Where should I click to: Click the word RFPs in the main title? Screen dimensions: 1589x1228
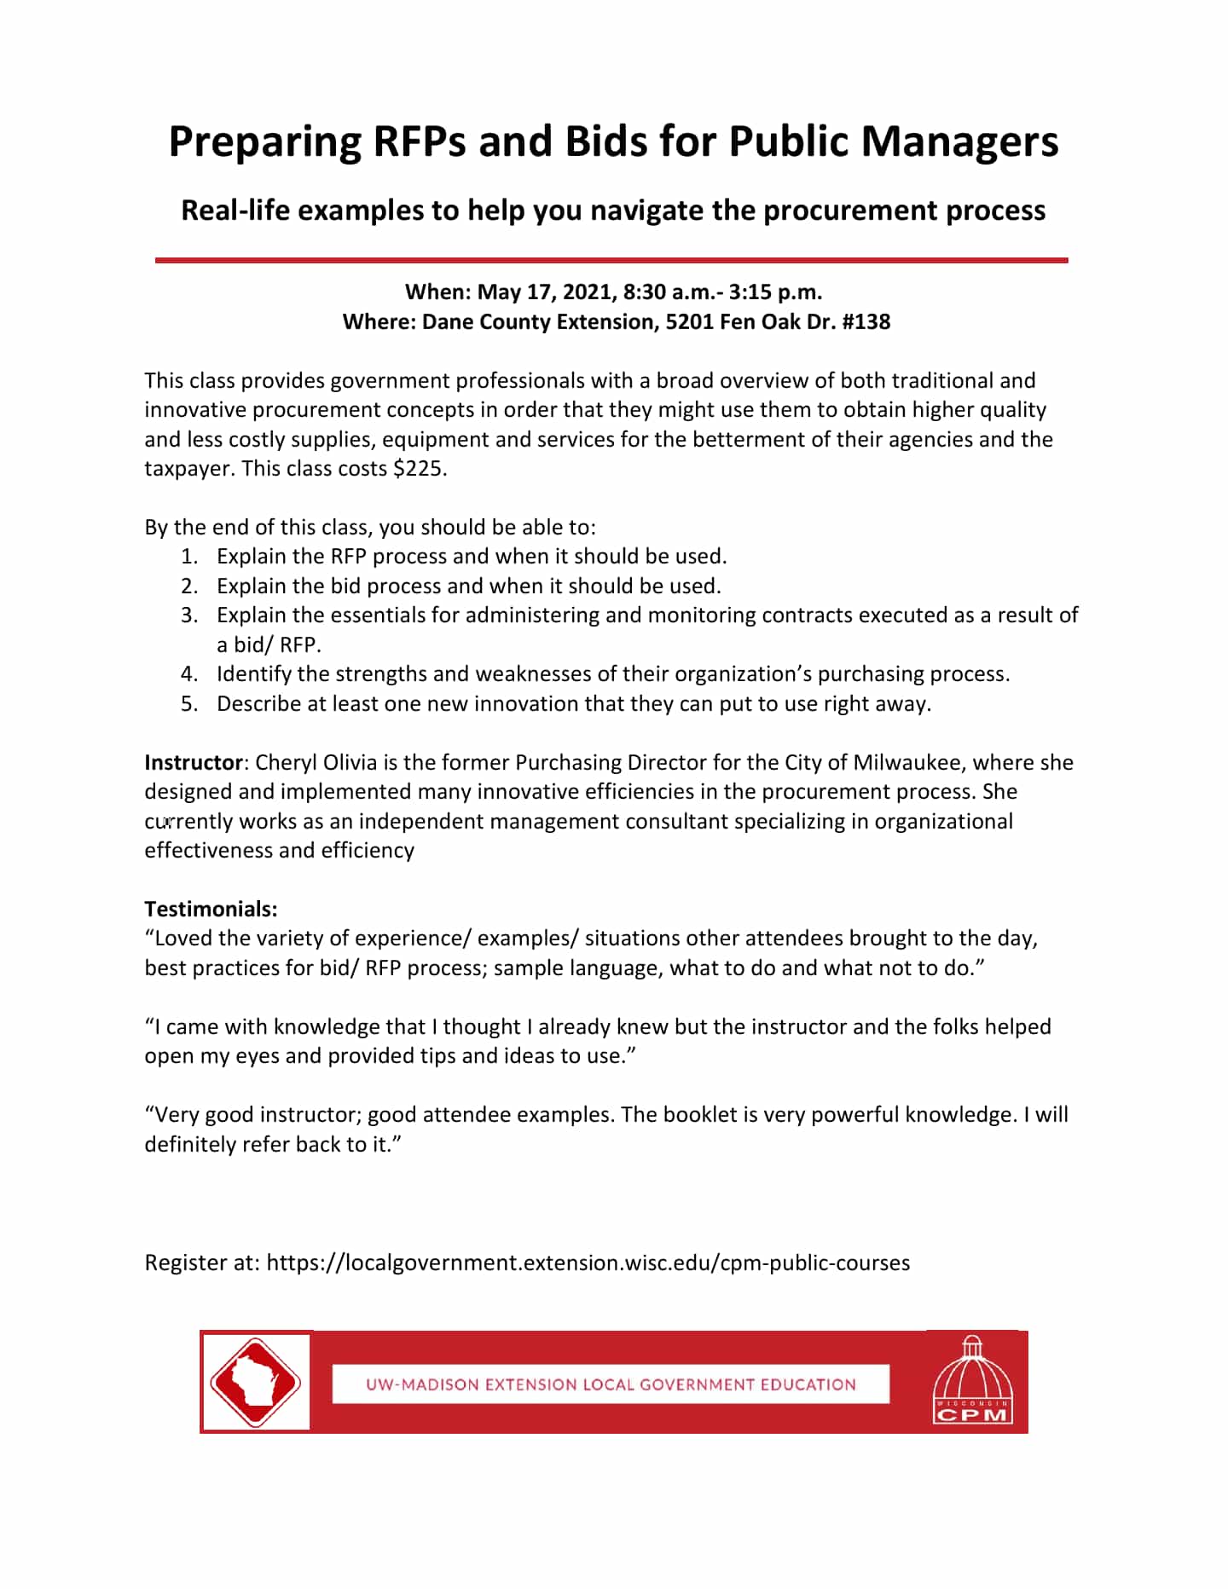click(x=419, y=142)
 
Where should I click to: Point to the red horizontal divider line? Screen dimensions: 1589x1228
click(x=611, y=260)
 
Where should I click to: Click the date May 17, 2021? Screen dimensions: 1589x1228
click(x=546, y=292)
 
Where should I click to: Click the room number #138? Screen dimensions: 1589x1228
click(x=866, y=322)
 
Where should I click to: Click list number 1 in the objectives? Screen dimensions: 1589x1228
click(x=189, y=557)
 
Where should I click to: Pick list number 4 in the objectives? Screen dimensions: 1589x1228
click(x=189, y=674)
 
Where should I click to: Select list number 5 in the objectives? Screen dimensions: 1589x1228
click(x=189, y=704)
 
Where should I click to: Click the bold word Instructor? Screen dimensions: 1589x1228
click(x=194, y=763)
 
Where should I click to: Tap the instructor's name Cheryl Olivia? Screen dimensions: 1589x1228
click(x=316, y=763)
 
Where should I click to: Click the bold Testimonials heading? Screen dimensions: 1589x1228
click(x=211, y=910)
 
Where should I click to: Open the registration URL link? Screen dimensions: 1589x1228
click(x=588, y=1263)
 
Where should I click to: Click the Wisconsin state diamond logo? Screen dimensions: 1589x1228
click(x=256, y=1383)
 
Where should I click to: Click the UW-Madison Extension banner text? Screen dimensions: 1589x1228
click(x=611, y=1384)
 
